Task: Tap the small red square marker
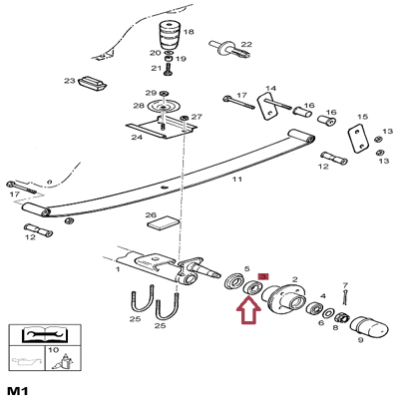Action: [263, 275]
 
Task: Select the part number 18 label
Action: [188, 33]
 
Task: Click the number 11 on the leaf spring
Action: [236, 179]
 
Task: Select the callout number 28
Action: [138, 105]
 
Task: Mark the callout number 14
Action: [270, 88]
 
